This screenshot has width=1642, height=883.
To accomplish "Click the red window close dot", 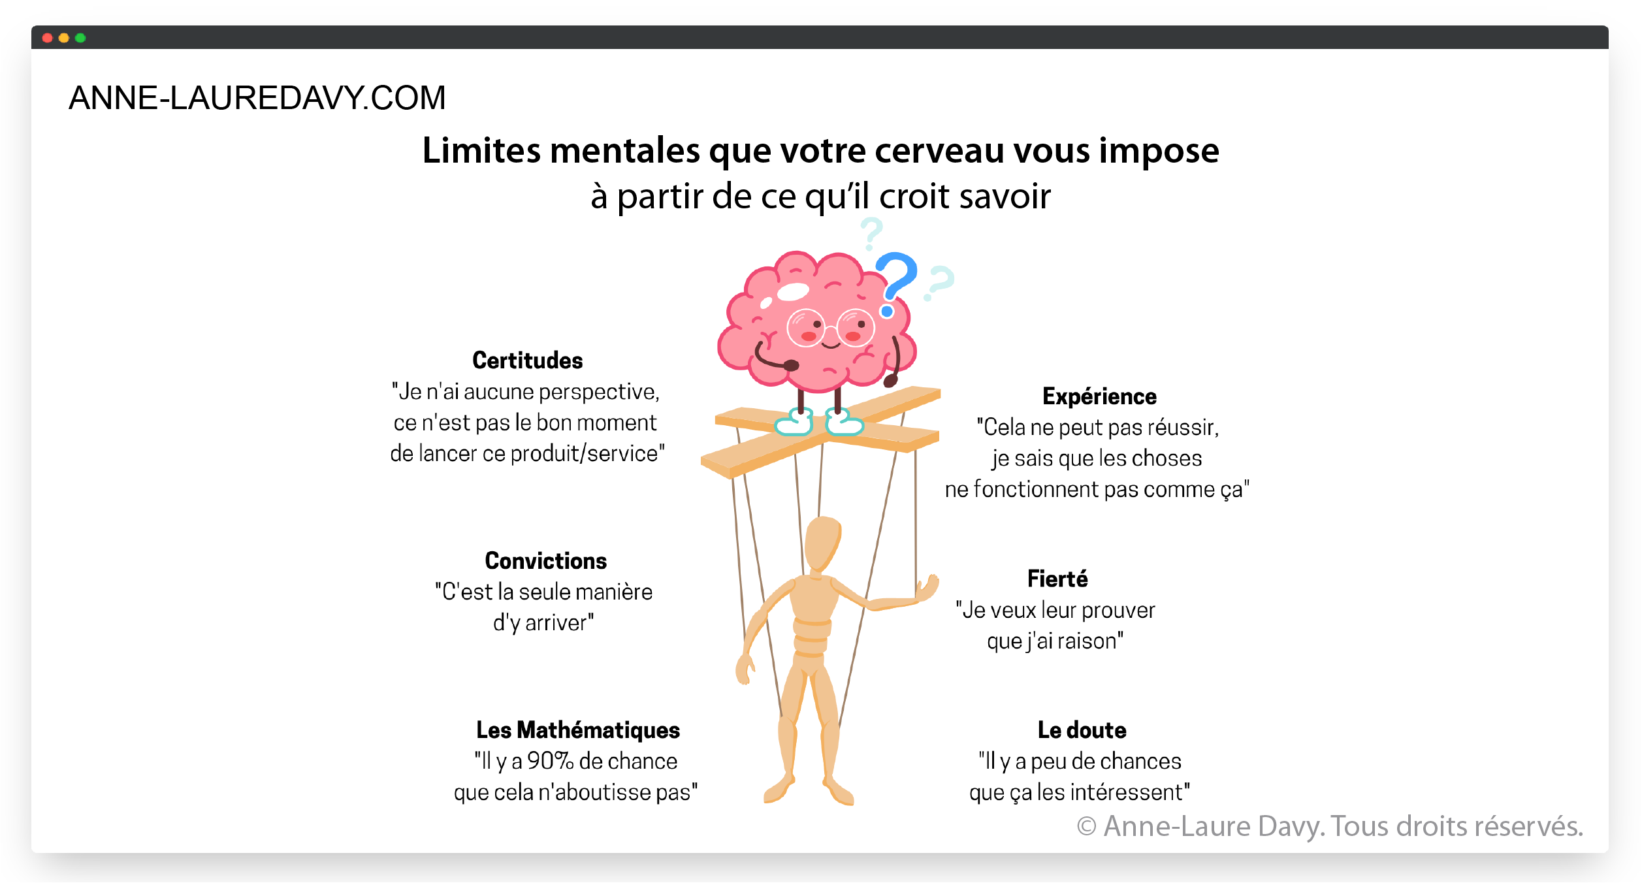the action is coord(47,38).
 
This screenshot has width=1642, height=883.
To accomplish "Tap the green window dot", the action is coord(80,38).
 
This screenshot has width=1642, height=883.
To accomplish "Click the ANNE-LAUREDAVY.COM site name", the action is coord(257,98).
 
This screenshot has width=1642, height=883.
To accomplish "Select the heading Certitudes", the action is coord(527,361).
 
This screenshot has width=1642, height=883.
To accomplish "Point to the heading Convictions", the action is coord(545,561).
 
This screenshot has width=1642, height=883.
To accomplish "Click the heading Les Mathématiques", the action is coord(577,730).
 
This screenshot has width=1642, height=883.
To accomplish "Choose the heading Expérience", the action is coord(1099,396).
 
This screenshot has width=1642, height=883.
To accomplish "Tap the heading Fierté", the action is coord(1057,579).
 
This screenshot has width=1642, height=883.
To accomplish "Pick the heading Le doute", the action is coord(1082,730).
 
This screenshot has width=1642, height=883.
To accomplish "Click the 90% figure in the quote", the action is coord(550,762).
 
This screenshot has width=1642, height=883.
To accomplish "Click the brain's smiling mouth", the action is coord(830,345).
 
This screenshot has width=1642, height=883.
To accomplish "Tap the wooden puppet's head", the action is coord(821,543).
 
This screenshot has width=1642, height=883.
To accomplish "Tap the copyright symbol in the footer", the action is coord(1086,827).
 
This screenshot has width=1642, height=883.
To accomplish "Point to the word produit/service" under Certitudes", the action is coord(587,454).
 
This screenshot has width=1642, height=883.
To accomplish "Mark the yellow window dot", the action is coord(64,38).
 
